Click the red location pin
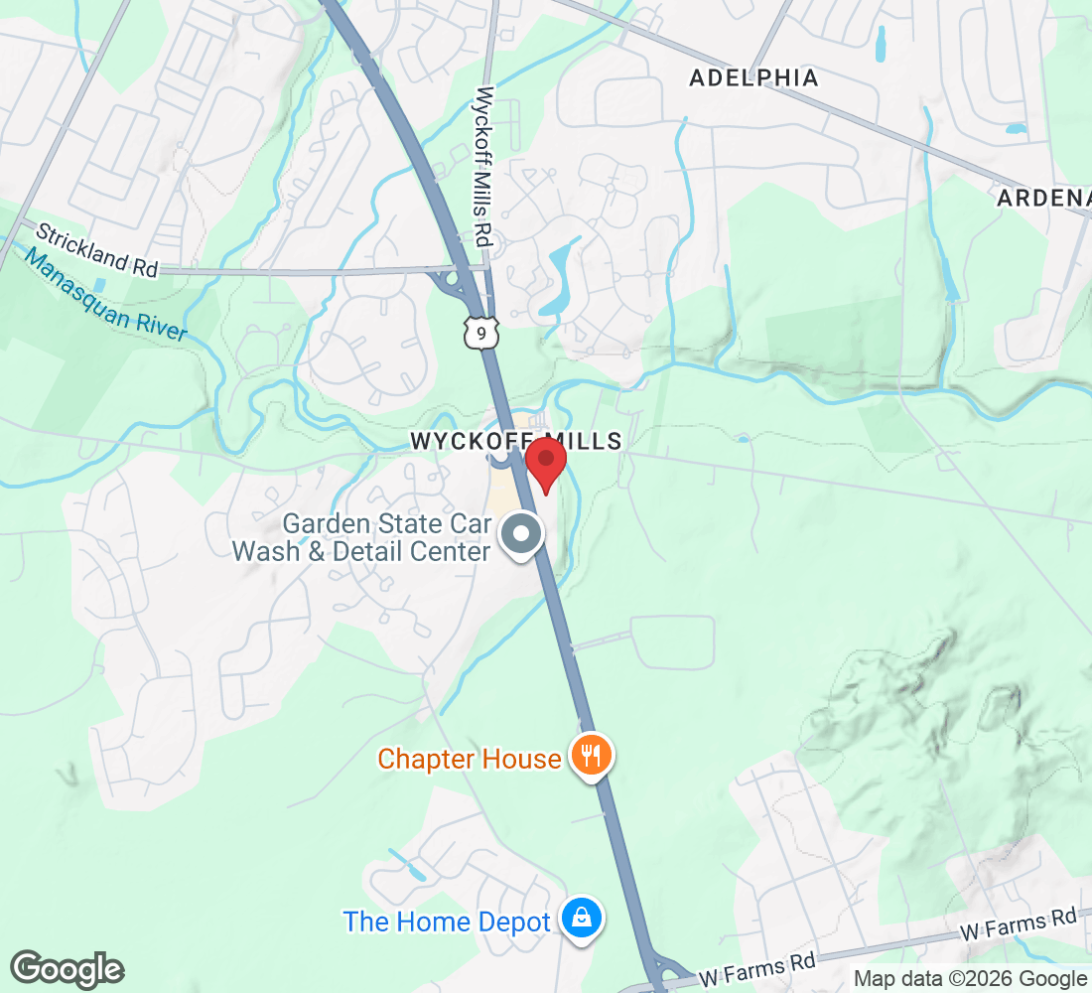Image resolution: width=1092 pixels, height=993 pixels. pyautogui.click(x=545, y=463)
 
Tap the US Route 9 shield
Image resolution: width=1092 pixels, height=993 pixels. pyautogui.click(x=480, y=335)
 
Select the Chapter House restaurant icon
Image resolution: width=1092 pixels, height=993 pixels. pyautogui.click(x=592, y=758)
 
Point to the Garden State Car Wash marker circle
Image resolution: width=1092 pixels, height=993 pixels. pyautogui.click(x=521, y=535)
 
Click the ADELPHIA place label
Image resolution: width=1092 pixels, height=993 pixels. pyautogui.click(x=753, y=77)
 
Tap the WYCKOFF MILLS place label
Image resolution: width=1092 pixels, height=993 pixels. pyautogui.click(x=516, y=442)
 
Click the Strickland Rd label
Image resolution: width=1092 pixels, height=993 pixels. pyautogui.click(x=97, y=249)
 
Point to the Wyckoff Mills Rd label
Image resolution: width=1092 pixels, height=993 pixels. pyautogui.click(x=484, y=167)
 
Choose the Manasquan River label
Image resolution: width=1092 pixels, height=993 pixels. pyautogui.click(x=104, y=295)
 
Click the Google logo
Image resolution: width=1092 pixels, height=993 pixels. pyautogui.click(x=67, y=970)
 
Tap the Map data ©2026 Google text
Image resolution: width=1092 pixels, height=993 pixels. pyautogui.click(x=970, y=979)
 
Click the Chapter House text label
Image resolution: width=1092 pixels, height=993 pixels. pyautogui.click(x=470, y=759)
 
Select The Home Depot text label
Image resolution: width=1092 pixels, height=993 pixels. pyautogui.click(x=447, y=922)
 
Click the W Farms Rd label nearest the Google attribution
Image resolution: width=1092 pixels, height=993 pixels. pyautogui.click(x=1018, y=925)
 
